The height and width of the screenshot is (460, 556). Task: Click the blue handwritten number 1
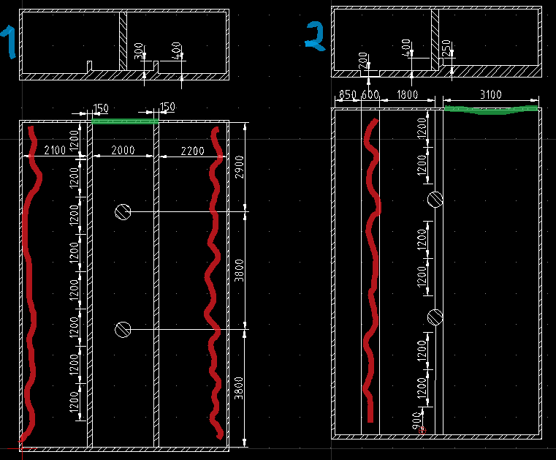10,42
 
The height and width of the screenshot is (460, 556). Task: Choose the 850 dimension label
348,94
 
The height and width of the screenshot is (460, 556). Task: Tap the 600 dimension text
370,94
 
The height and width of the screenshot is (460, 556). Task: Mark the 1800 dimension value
407,94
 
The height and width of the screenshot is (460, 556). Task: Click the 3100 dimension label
492,94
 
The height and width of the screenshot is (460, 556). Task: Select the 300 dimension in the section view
140,53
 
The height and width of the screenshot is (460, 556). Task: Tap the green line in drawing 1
124,121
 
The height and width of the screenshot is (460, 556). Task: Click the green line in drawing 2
491,110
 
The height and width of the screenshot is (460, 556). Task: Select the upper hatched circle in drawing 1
123,211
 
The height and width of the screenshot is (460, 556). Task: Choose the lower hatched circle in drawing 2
435,317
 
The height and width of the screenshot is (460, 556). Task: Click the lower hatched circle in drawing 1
123,330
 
